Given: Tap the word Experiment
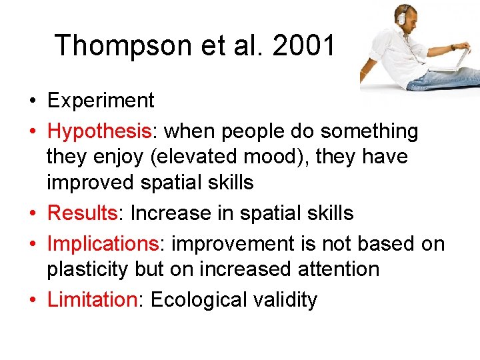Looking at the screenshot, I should [101, 101].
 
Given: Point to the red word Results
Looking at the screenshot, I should [83, 213].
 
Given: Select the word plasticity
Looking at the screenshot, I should [89, 269].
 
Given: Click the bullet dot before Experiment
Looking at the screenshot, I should [32, 101].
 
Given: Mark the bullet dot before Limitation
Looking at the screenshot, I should [32, 301].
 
